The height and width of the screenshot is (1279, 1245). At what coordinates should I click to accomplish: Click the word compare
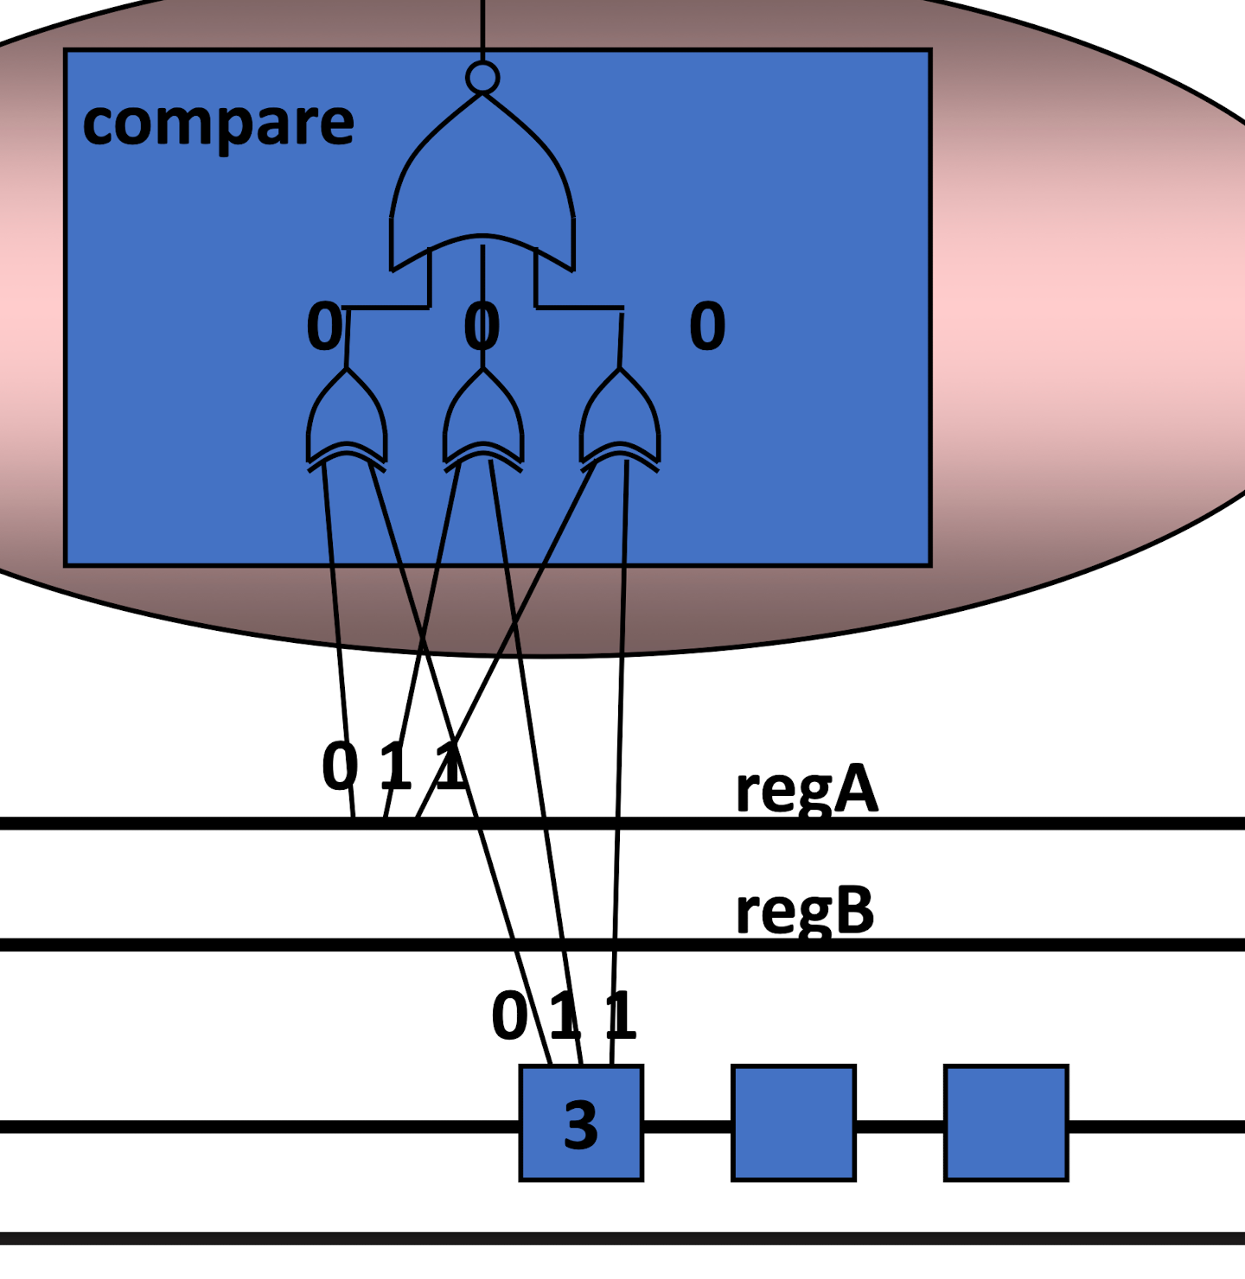coord(218,123)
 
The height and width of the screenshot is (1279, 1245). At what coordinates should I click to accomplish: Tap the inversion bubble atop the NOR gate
coord(482,78)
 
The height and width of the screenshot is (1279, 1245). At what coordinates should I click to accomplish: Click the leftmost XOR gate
coord(347,419)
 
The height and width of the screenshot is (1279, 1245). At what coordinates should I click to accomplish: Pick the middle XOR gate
coord(483,419)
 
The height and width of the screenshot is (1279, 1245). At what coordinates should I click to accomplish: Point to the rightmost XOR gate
coord(620,419)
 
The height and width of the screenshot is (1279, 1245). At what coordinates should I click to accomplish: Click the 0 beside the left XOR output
coord(324,327)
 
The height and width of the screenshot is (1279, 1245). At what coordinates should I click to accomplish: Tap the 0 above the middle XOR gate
coord(482,327)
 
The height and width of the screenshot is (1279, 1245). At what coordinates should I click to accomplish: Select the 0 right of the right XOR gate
coord(707,327)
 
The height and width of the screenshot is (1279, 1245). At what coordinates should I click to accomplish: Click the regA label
coord(806,788)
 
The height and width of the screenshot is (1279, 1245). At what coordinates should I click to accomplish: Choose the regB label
coord(804,911)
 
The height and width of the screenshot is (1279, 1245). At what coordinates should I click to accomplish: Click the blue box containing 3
coord(581,1123)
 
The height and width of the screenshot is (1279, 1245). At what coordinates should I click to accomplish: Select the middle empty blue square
coord(793,1123)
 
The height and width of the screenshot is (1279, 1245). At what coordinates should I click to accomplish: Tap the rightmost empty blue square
coord(1006,1123)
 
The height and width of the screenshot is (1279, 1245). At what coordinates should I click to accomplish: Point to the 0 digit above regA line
coord(340,766)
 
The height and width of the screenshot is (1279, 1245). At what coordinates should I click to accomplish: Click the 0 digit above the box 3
coord(509,1015)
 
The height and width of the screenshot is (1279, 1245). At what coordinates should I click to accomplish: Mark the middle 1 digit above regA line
coord(396,766)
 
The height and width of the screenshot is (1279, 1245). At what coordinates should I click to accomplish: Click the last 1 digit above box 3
coord(621,1015)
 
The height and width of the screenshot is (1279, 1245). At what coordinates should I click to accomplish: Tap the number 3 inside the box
coord(581,1125)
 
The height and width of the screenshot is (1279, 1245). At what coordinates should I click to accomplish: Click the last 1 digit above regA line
coord(451,766)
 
